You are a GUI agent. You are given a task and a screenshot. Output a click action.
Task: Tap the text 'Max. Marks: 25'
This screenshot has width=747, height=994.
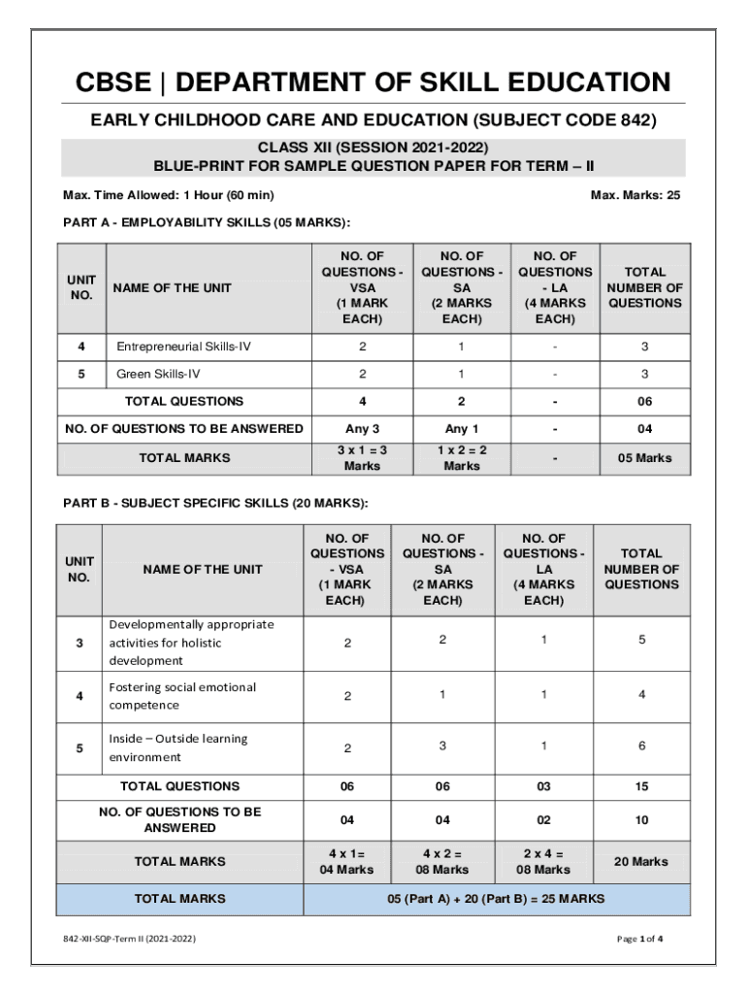(x=635, y=195)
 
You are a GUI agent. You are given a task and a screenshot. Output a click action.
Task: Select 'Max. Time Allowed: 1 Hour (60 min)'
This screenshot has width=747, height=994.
(x=168, y=195)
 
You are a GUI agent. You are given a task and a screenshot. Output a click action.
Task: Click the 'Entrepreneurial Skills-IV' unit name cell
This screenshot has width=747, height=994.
(x=183, y=347)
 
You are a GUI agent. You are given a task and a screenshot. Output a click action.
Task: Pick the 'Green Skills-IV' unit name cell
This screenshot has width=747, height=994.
(x=158, y=374)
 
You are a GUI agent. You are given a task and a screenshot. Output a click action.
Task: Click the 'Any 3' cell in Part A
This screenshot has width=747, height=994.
(x=362, y=429)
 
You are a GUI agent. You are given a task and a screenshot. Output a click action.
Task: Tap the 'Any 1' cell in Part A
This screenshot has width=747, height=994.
(x=462, y=429)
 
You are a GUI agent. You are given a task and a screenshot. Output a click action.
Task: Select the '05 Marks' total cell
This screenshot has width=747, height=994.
(x=645, y=458)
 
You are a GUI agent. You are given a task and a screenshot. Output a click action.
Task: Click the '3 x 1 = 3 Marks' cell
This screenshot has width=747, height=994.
(x=362, y=458)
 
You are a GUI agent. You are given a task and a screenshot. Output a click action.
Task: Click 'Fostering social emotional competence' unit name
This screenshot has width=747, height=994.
(x=182, y=696)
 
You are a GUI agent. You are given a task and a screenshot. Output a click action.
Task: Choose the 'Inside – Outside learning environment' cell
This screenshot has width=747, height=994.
(x=178, y=747)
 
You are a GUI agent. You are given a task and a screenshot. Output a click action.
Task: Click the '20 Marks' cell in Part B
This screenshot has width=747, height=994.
(x=641, y=862)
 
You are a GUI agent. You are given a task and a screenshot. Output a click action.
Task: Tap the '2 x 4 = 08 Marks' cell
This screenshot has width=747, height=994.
(x=543, y=862)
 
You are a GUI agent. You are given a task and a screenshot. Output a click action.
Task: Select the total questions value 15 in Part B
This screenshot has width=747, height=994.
(x=641, y=786)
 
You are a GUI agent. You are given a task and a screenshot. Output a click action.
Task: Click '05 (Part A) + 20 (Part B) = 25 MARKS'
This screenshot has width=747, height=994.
(x=496, y=899)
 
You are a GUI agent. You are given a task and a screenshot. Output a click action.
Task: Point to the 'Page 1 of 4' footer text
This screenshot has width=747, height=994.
(x=639, y=939)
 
